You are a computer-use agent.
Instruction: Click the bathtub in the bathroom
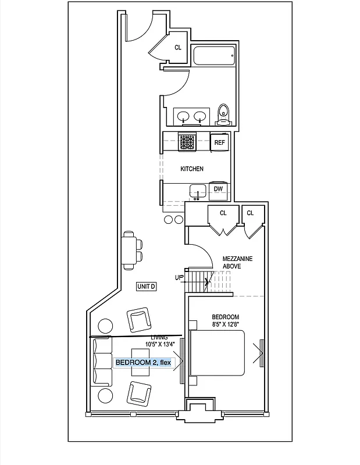[214, 56]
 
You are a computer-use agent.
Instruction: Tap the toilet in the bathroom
[223, 114]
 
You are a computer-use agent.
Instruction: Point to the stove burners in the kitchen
[187, 141]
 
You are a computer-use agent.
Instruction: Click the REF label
[219, 142]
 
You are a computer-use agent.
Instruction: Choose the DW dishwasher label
[218, 189]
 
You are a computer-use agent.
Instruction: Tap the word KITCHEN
[191, 169]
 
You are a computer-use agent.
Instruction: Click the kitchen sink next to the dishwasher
[197, 190]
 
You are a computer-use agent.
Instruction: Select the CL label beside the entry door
[179, 48]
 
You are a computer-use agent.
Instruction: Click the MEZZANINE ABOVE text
[240, 262]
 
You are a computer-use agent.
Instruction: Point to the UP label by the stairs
[179, 277]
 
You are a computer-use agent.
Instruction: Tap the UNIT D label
[146, 286]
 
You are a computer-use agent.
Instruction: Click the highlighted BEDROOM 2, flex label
[143, 363]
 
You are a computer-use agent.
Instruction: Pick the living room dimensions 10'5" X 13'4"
[156, 342]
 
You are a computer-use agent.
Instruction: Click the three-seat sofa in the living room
[102, 361]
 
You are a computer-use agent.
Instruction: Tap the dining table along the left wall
[129, 249]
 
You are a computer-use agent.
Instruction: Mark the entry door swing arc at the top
[140, 29]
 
